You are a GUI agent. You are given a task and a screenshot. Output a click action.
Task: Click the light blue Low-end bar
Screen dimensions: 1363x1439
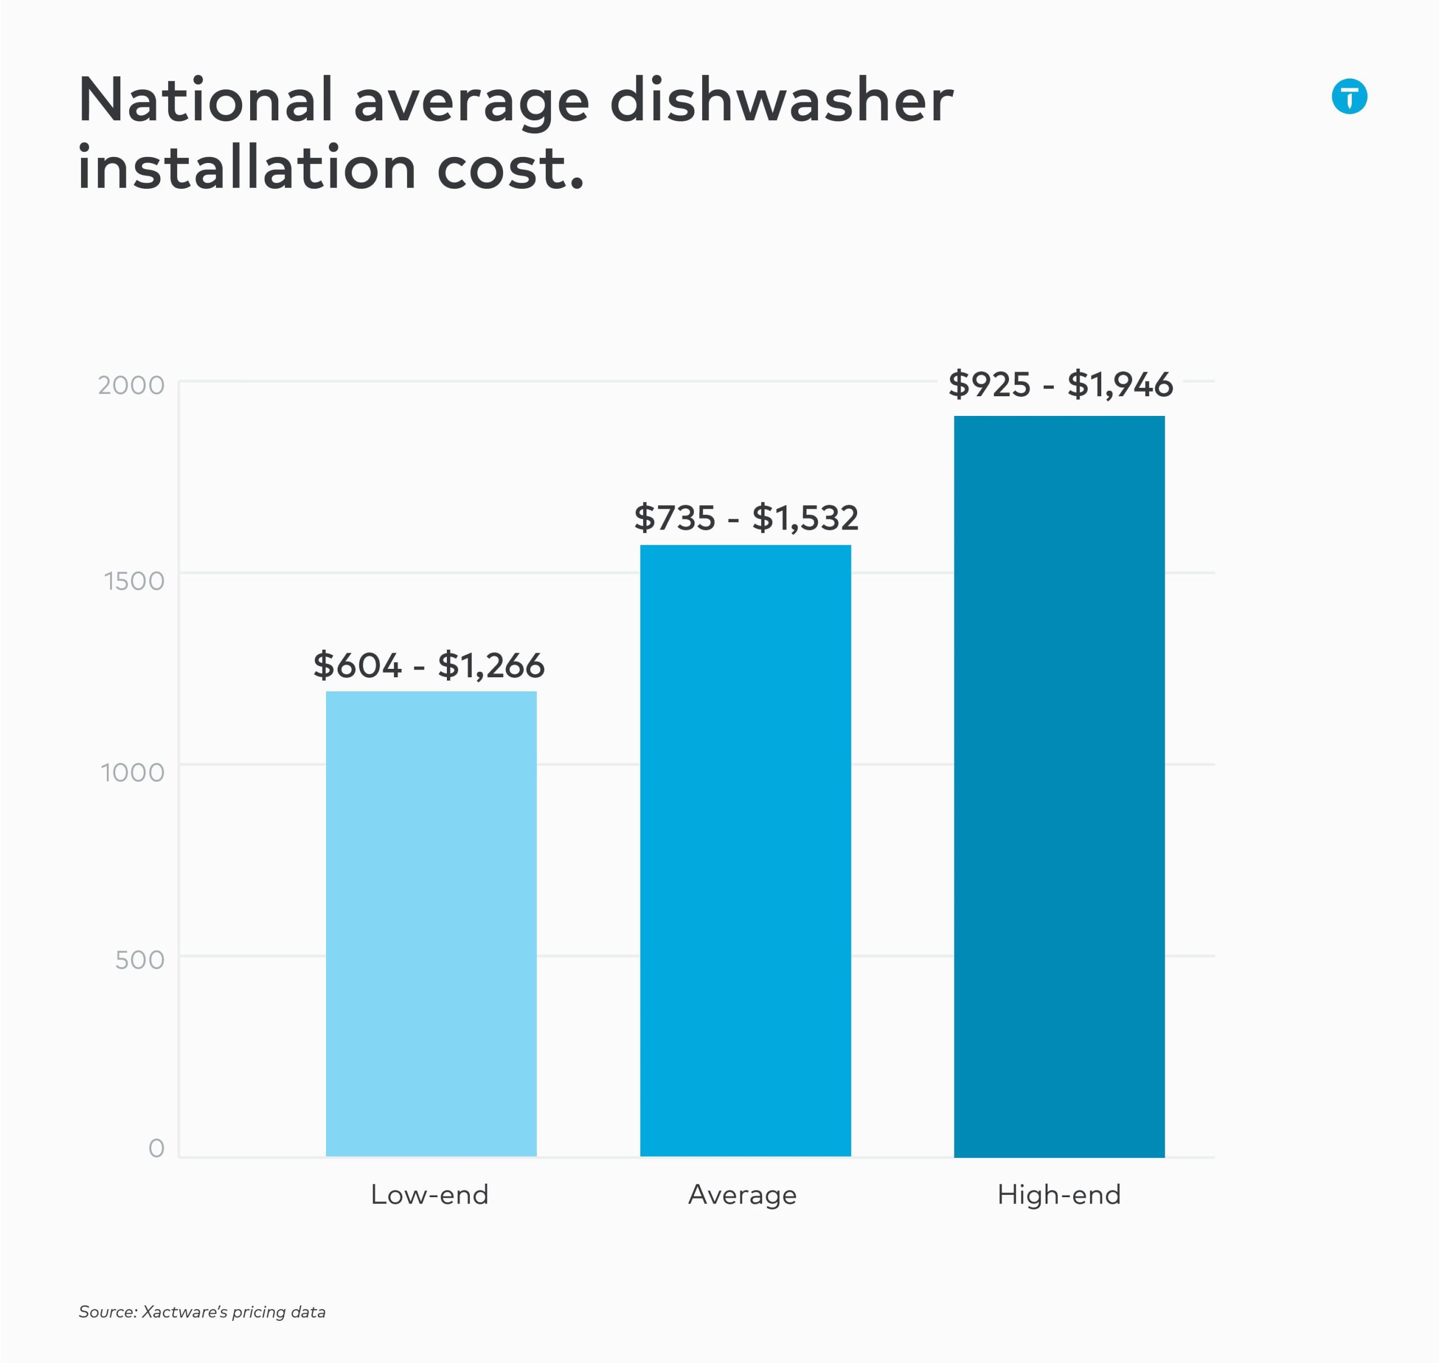(431, 923)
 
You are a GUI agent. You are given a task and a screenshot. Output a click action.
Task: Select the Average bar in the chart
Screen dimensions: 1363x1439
(745, 850)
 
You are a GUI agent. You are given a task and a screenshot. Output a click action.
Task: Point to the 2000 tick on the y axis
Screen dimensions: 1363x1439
(132, 385)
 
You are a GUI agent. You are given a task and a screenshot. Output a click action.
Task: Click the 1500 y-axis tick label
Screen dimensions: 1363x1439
(134, 581)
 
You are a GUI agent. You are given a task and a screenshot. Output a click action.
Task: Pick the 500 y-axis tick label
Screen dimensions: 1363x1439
(139, 960)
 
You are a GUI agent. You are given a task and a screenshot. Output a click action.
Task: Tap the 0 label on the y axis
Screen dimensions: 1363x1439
(156, 1148)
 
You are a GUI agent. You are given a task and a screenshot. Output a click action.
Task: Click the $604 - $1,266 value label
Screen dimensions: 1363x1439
(429, 665)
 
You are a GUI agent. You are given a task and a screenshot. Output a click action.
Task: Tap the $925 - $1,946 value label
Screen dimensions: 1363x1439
(1060, 384)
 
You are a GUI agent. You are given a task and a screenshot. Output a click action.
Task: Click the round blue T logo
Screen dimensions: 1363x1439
(1349, 97)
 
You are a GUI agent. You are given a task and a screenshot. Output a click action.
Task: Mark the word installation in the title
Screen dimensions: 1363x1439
(247, 168)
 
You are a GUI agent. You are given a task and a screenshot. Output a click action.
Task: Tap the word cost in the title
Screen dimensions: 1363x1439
(501, 168)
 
